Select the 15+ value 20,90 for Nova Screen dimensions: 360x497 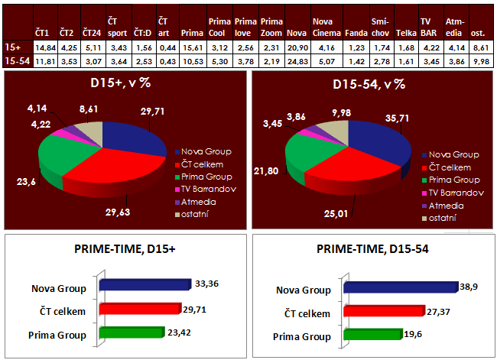(x=295, y=47)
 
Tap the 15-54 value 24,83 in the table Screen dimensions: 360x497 (x=295, y=60)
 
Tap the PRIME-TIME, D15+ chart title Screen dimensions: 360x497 (x=123, y=249)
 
